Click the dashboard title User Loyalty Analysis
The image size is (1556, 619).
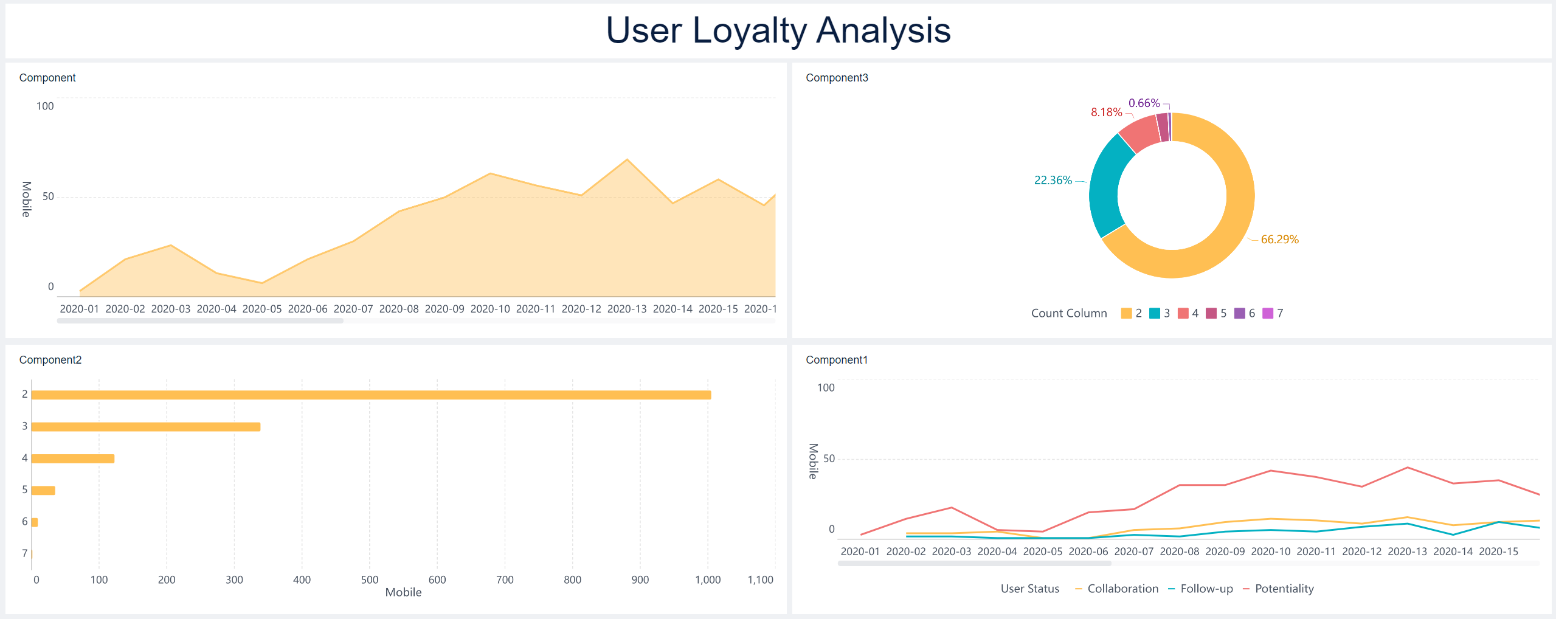(x=778, y=30)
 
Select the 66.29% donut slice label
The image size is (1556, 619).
(x=1279, y=240)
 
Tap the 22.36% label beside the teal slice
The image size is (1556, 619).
(x=1053, y=181)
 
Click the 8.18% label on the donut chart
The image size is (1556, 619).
(x=1106, y=112)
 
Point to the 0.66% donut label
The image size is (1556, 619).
(x=1144, y=103)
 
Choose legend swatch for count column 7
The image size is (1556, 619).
(x=1268, y=313)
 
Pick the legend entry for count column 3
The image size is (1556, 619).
(x=1160, y=313)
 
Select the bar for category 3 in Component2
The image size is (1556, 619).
(x=146, y=427)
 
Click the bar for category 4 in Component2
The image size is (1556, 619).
(x=73, y=458)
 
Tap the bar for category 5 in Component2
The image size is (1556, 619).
(x=43, y=490)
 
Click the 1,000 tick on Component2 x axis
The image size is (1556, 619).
(x=708, y=580)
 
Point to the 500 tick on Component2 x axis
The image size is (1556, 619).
(x=369, y=580)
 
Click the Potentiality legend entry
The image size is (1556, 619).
(x=1283, y=589)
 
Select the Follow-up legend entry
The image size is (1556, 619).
(x=1206, y=589)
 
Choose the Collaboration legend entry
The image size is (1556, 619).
(x=1122, y=589)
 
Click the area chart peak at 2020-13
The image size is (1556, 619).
(x=627, y=160)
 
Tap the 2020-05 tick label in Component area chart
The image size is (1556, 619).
(x=262, y=309)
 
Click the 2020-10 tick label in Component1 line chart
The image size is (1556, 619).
(x=1270, y=552)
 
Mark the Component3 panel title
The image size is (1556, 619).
(x=837, y=78)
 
